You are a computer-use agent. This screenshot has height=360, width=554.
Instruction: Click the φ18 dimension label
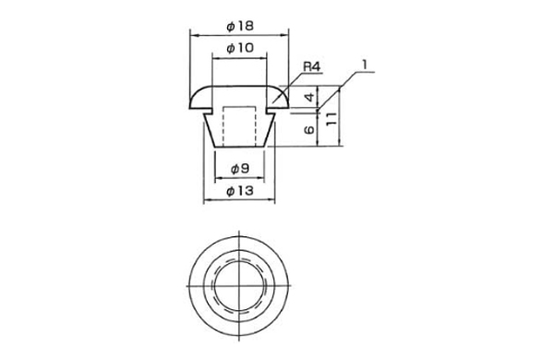pyautogui.click(x=240, y=26)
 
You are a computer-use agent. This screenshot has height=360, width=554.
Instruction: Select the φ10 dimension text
pyautogui.click(x=240, y=48)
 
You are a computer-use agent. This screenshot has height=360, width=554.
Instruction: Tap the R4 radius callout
pyautogui.click(x=311, y=66)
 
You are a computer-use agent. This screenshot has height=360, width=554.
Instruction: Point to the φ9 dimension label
pyautogui.click(x=240, y=169)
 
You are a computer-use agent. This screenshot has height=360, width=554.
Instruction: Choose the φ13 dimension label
pyautogui.click(x=240, y=191)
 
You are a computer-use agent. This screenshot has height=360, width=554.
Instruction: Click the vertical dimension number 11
pyautogui.click(x=331, y=119)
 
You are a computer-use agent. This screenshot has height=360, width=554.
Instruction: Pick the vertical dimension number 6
pyautogui.click(x=309, y=129)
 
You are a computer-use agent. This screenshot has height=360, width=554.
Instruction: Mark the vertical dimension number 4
pyautogui.click(x=309, y=97)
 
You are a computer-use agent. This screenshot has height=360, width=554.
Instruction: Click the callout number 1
pyautogui.click(x=365, y=65)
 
